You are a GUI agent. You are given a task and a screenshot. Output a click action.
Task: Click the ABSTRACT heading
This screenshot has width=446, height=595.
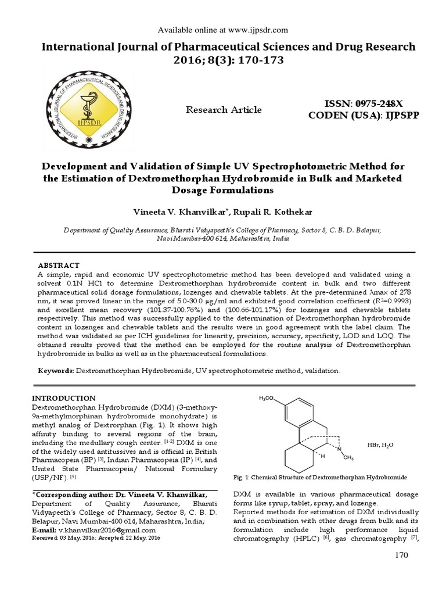[59, 265]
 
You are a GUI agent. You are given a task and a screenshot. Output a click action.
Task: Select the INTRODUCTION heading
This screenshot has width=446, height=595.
[63, 398]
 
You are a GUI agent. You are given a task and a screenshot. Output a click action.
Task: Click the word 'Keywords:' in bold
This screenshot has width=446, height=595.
[56, 370]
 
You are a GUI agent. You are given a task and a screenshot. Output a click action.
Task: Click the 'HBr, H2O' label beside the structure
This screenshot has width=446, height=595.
[380, 445]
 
